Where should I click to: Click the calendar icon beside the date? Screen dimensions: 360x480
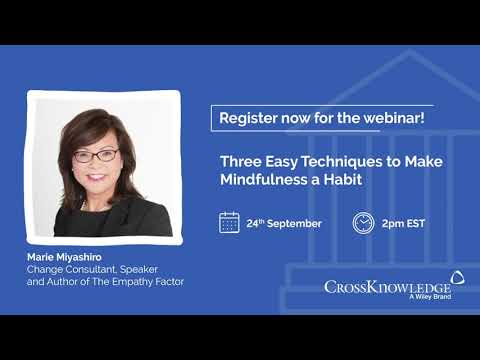[229, 222]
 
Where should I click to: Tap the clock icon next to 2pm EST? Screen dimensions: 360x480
[363, 222]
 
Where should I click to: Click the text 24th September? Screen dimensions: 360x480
[284, 223]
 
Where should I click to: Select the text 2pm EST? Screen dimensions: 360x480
[404, 223]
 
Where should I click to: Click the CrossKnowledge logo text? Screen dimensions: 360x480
[384, 288]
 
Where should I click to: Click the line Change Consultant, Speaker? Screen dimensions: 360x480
[91, 270]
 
